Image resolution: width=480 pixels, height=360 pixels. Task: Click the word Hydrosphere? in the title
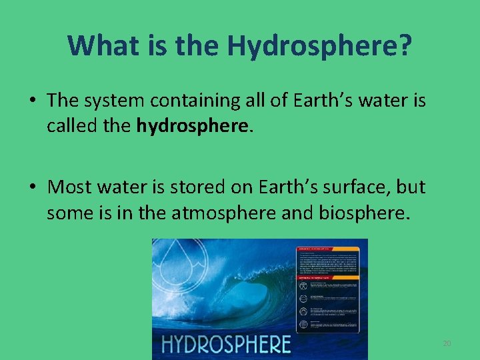[x=319, y=45]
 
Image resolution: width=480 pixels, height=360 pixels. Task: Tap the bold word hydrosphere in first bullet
[x=194, y=126]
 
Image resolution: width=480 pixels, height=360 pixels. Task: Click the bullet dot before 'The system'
[x=33, y=101]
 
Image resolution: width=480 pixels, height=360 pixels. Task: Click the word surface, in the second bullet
[x=357, y=187]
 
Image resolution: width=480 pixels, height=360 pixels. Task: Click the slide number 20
[x=447, y=343]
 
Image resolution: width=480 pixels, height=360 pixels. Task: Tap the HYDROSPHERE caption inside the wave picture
[x=227, y=344]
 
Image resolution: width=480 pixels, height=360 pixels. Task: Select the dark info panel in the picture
[x=327, y=289]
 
